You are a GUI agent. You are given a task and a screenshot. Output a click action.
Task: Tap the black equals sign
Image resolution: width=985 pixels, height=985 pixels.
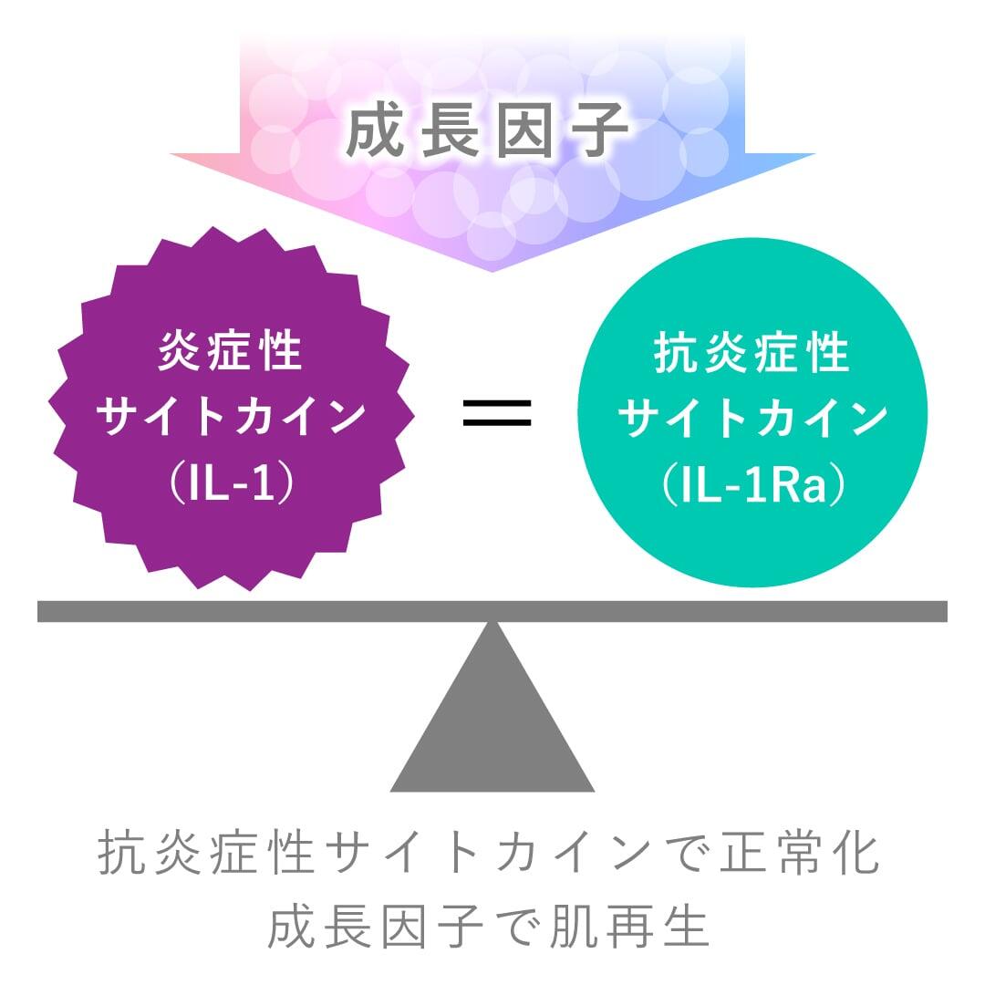pyautogui.click(x=497, y=412)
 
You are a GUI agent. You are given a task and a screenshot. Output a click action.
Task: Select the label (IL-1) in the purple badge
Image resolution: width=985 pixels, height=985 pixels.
pyautogui.click(x=231, y=484)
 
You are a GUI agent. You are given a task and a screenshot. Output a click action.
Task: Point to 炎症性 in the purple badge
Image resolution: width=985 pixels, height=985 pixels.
pyautogui.click(x=231, y=351)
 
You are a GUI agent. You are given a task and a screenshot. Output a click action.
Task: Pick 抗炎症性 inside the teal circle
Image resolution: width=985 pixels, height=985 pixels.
pyautogui.click(x=753, y=353)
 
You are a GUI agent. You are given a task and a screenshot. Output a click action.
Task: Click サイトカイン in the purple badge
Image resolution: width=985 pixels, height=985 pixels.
pyautogui.click(x=231, y=418)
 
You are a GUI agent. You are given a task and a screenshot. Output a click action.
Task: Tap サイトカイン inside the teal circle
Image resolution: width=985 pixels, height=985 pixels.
pyautogui.click(x=753, y=419)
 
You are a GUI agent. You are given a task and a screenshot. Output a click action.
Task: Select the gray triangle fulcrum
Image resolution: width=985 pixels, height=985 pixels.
pyautogui.click(x=493, y=730)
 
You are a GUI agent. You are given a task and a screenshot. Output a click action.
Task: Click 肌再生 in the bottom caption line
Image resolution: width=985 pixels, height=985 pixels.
pyautogui.click(x=632, y=926)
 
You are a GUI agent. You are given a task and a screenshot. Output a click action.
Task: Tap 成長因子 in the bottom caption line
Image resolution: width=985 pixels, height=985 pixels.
pyautogui.click(x=376, y=926)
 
